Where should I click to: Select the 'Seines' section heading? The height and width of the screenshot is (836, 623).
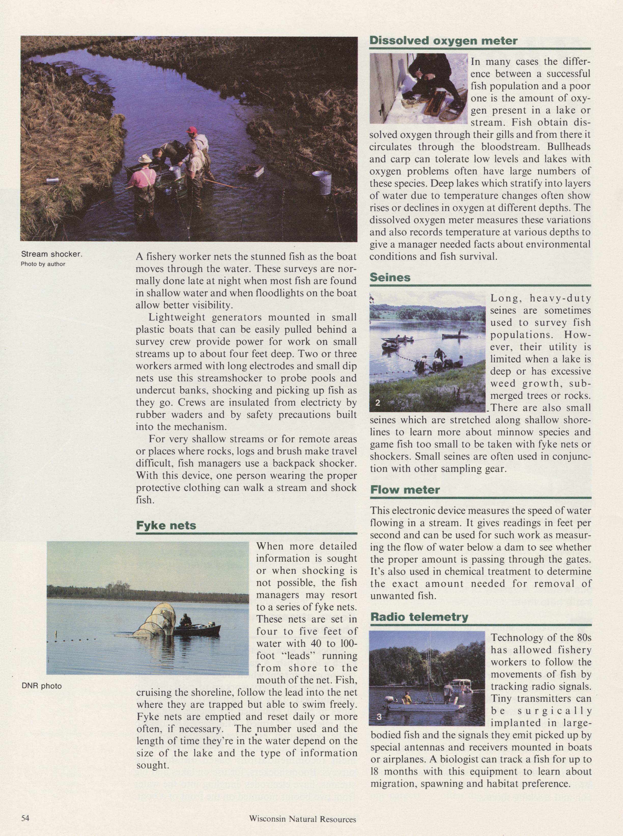(390, 277)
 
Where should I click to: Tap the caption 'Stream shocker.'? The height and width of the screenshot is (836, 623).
(51, 254)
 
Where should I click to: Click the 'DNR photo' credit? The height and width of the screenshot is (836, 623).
(41, 686)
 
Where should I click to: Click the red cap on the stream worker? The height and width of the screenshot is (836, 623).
(192, 130)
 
